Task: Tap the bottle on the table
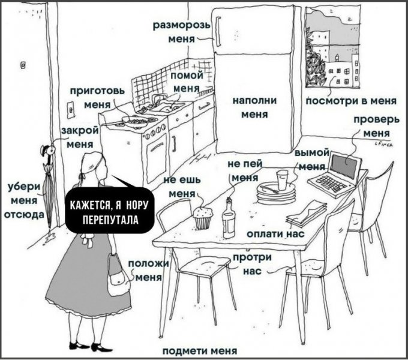click(229, 219)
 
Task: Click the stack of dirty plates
click(276, 193)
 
